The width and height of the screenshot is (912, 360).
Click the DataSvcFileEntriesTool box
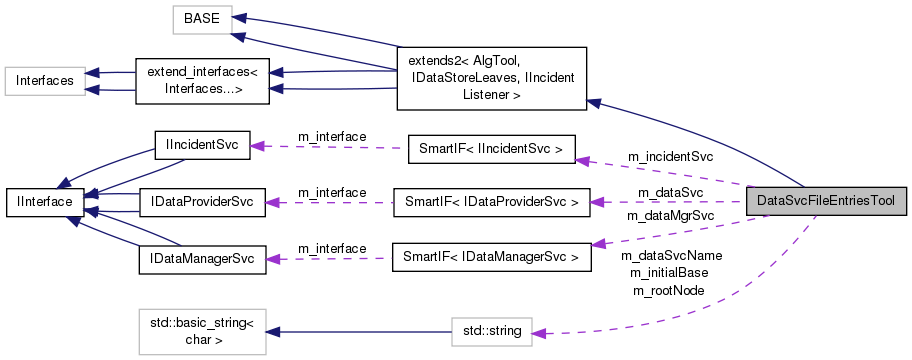coord(827,201)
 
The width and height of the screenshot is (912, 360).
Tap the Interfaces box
coord(43,80)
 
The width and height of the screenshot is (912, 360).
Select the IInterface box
coord(43,201)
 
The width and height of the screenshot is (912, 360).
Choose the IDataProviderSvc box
coord(200,201)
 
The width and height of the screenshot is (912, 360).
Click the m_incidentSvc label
coord(669,157)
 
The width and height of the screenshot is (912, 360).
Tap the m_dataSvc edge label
coord(670,192)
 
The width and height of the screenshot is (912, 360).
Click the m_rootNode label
coord(668,290)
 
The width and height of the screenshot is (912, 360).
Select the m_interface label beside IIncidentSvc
coord(332,136)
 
